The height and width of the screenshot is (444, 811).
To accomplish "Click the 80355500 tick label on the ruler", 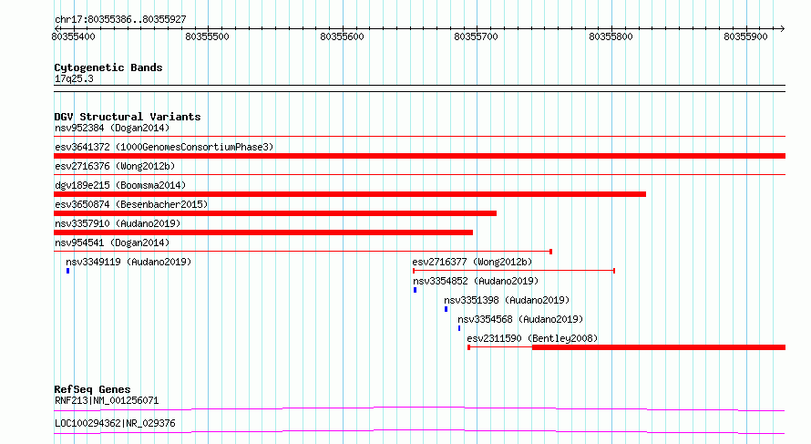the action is pyautogui.click(x=207, y=36).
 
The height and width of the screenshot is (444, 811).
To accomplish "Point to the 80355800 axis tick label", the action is pyautogui.click(x=611, y=36).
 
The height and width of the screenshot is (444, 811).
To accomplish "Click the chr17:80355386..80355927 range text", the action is pyautogui.click(x=120, y=20).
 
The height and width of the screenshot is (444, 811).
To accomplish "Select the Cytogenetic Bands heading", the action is pyautogui.click(x=108, y=67).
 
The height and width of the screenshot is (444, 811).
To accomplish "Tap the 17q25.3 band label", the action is pyautogui.click(x=74, y=78).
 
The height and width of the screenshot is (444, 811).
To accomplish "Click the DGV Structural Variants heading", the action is pyautogui.click(x=128, y=117).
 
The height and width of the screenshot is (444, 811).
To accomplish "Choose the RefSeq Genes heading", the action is pyautogui.click(x=92, y=389).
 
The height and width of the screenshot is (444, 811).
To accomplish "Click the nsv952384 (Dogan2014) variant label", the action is pyautogui.click(x=112, y=128).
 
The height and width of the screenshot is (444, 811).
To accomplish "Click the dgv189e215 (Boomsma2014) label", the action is pyautogui.click(x=120, y=185).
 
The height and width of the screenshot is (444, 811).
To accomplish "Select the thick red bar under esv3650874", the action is pyautogui.click(x=275, y=213).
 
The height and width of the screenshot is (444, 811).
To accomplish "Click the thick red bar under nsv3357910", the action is pyautogui.click(x=263, y=232).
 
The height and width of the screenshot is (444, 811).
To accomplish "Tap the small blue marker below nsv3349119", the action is pyautogui.click(x=67, y=271).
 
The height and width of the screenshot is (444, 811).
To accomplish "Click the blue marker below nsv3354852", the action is pyautogui.click(x=415, y=290).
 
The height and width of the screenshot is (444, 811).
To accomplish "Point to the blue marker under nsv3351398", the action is pyautogui.click(x=446, y=309).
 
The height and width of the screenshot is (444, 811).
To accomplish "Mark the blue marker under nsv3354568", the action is pyautogui.click(x=458, y=328).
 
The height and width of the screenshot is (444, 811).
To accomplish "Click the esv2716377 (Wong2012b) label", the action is pyautogui.click(x=472, y=262).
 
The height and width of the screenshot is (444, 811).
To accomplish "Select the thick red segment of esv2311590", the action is pyautogui.click(x=659, y=347).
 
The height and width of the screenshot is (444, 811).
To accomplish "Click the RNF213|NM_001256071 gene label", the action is pyautogui.click(x=107, y=400).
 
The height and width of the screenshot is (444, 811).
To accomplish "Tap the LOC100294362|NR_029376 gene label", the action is pyautogui.click(x=115, y=423).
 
